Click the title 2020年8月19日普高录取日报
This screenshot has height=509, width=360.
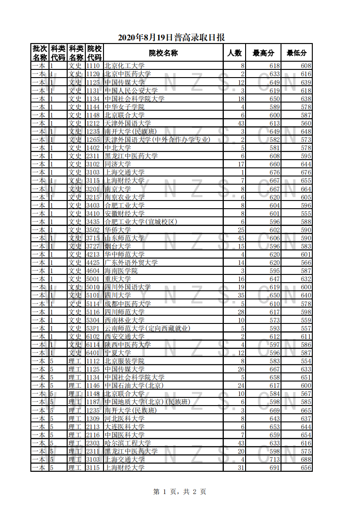[171, 38]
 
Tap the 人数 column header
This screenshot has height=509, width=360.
[234, 53]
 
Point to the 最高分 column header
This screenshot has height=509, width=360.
[263, 53]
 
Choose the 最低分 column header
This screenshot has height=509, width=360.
[296, 53]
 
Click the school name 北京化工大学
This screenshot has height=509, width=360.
[124, 66]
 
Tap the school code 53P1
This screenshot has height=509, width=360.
[93, 328]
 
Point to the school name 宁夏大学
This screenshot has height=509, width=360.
[118, 353]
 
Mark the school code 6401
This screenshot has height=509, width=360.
[93, 353]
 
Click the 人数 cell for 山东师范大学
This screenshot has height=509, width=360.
[241, 238]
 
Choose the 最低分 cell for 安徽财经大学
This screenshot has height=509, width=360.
[306, 213]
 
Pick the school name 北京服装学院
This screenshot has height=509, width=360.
[124, 361]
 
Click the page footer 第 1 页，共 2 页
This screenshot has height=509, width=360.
[180, 491]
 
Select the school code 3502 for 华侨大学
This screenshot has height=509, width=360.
[93, 230]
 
